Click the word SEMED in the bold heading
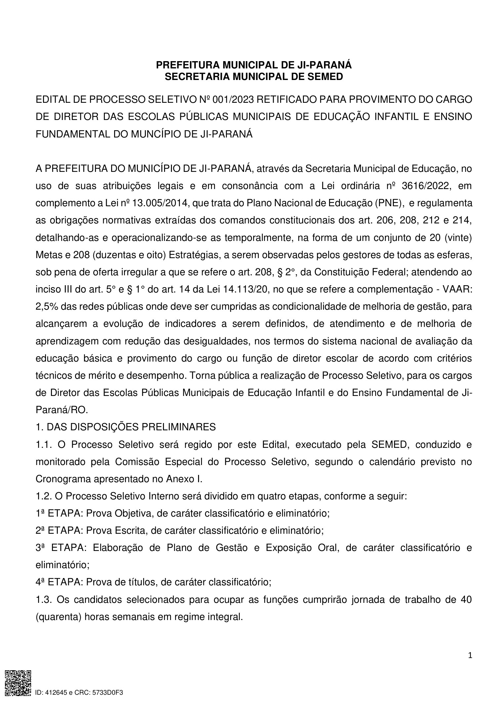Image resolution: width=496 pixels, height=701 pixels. point(325,77)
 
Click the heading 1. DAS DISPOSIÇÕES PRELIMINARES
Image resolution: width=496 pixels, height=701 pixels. point(126,427)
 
